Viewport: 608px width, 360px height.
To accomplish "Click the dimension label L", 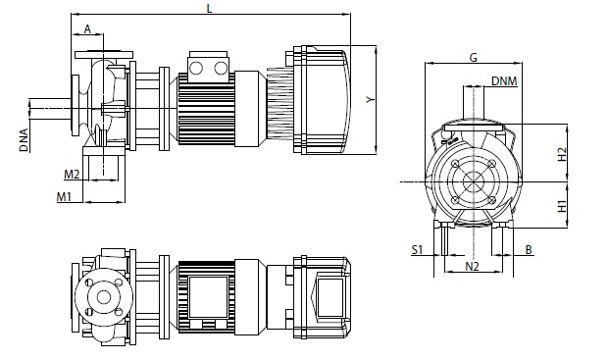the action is [210, 8].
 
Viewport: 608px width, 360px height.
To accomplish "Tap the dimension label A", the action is [87, 28].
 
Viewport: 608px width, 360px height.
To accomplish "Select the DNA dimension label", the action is [25, 140].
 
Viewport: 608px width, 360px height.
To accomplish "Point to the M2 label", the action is [72, 175].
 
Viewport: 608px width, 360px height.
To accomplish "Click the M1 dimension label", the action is [65, 197].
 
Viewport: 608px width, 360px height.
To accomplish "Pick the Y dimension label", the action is [371, 100].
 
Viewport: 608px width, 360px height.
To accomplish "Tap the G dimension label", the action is [474, 58].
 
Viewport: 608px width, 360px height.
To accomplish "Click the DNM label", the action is [504, 81].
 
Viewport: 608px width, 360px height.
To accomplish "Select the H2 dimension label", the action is [562, 154].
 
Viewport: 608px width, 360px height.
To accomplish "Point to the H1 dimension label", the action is [562, 206].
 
